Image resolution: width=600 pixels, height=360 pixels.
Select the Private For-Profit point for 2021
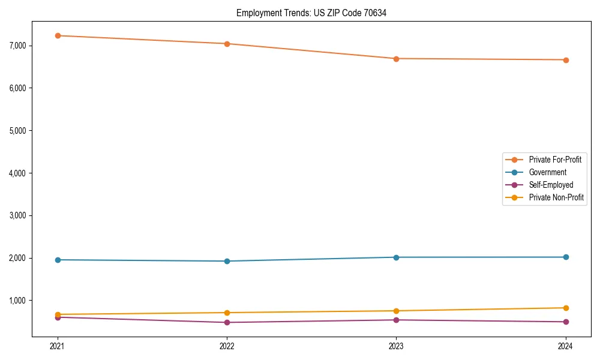pyautogui.click(x=58, y=35)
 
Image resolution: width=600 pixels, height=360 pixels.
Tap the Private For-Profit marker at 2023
pyautogui.click(x=396, y=59)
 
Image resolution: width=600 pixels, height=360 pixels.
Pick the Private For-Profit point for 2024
pyautogui.click(x=565, y=60)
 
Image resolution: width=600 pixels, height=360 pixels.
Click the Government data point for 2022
pyautogui.click(x=227, y=261)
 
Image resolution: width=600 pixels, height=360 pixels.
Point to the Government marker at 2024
pyautogui.click(x=565, y=257)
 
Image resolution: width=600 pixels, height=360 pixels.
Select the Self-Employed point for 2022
pyautogui.click(x=227, y=322)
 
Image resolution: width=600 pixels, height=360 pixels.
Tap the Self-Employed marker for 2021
pyautogui.click(x=58, y=317)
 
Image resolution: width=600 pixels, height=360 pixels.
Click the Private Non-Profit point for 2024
pyautogui.click(x=565, y=308)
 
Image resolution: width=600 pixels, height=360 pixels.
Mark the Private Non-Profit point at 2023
pyautogui.click(x=396, y=311)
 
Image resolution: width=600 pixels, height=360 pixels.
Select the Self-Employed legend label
pyautogui.click(x=551, y=185)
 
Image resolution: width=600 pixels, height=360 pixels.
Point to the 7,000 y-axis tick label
pyautogui.click(x=20, y=46)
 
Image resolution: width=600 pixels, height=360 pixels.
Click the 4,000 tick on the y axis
pyautogui.click(x=20, y=173)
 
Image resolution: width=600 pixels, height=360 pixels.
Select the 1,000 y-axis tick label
pyautogui.click(x=20, y=300)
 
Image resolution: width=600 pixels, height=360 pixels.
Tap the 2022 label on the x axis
pyautogui.click(x=227, y=346)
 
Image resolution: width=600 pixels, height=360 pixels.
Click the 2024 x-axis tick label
pyautogui.click(x=565, y=346)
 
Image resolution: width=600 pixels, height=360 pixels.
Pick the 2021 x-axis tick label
pyautogui.click(x=58, y=346)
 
